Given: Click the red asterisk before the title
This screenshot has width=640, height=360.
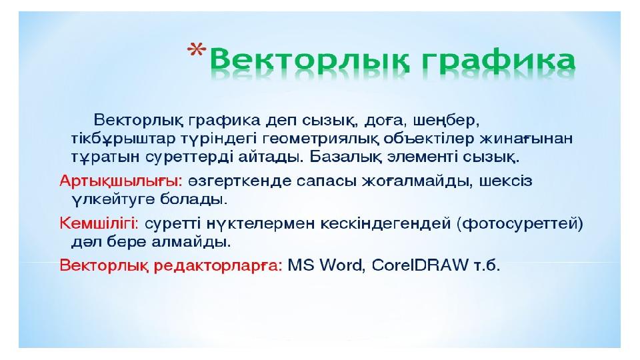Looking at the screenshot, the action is coord(197,50).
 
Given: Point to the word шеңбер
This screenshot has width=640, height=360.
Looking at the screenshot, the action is coord(446,121).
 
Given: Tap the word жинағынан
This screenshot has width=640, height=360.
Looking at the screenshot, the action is coord(526,139).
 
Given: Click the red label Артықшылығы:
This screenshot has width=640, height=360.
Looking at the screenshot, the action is coord(121,181).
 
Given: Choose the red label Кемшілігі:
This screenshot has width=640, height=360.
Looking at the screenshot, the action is coord(99,224).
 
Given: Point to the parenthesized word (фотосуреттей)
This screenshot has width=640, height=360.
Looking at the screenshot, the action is coord(521,224).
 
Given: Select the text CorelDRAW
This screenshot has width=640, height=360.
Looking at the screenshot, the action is coord(420,265).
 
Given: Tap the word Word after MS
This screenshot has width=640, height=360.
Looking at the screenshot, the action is coord(341,265).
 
